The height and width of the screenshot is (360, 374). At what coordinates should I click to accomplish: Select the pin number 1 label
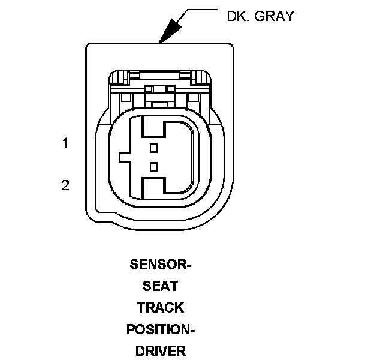[x=65, y=143]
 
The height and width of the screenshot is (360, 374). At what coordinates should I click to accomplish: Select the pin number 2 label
[x=65, y=185]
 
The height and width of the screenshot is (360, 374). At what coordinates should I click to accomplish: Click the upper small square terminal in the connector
[x=153, y=147]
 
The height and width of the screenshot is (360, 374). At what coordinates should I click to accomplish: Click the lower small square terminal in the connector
[x=153, y=166]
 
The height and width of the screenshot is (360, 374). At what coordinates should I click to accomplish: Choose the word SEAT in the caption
[x=160, y=286]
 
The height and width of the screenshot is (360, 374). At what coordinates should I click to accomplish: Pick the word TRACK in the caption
[x=160, y=308]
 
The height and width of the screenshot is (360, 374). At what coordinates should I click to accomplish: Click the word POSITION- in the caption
[x=161, y=329]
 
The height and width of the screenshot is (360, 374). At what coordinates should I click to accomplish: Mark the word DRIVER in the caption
[x=161, y=350]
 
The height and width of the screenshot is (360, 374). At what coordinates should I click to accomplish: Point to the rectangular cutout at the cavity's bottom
[x=153, y=185]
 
